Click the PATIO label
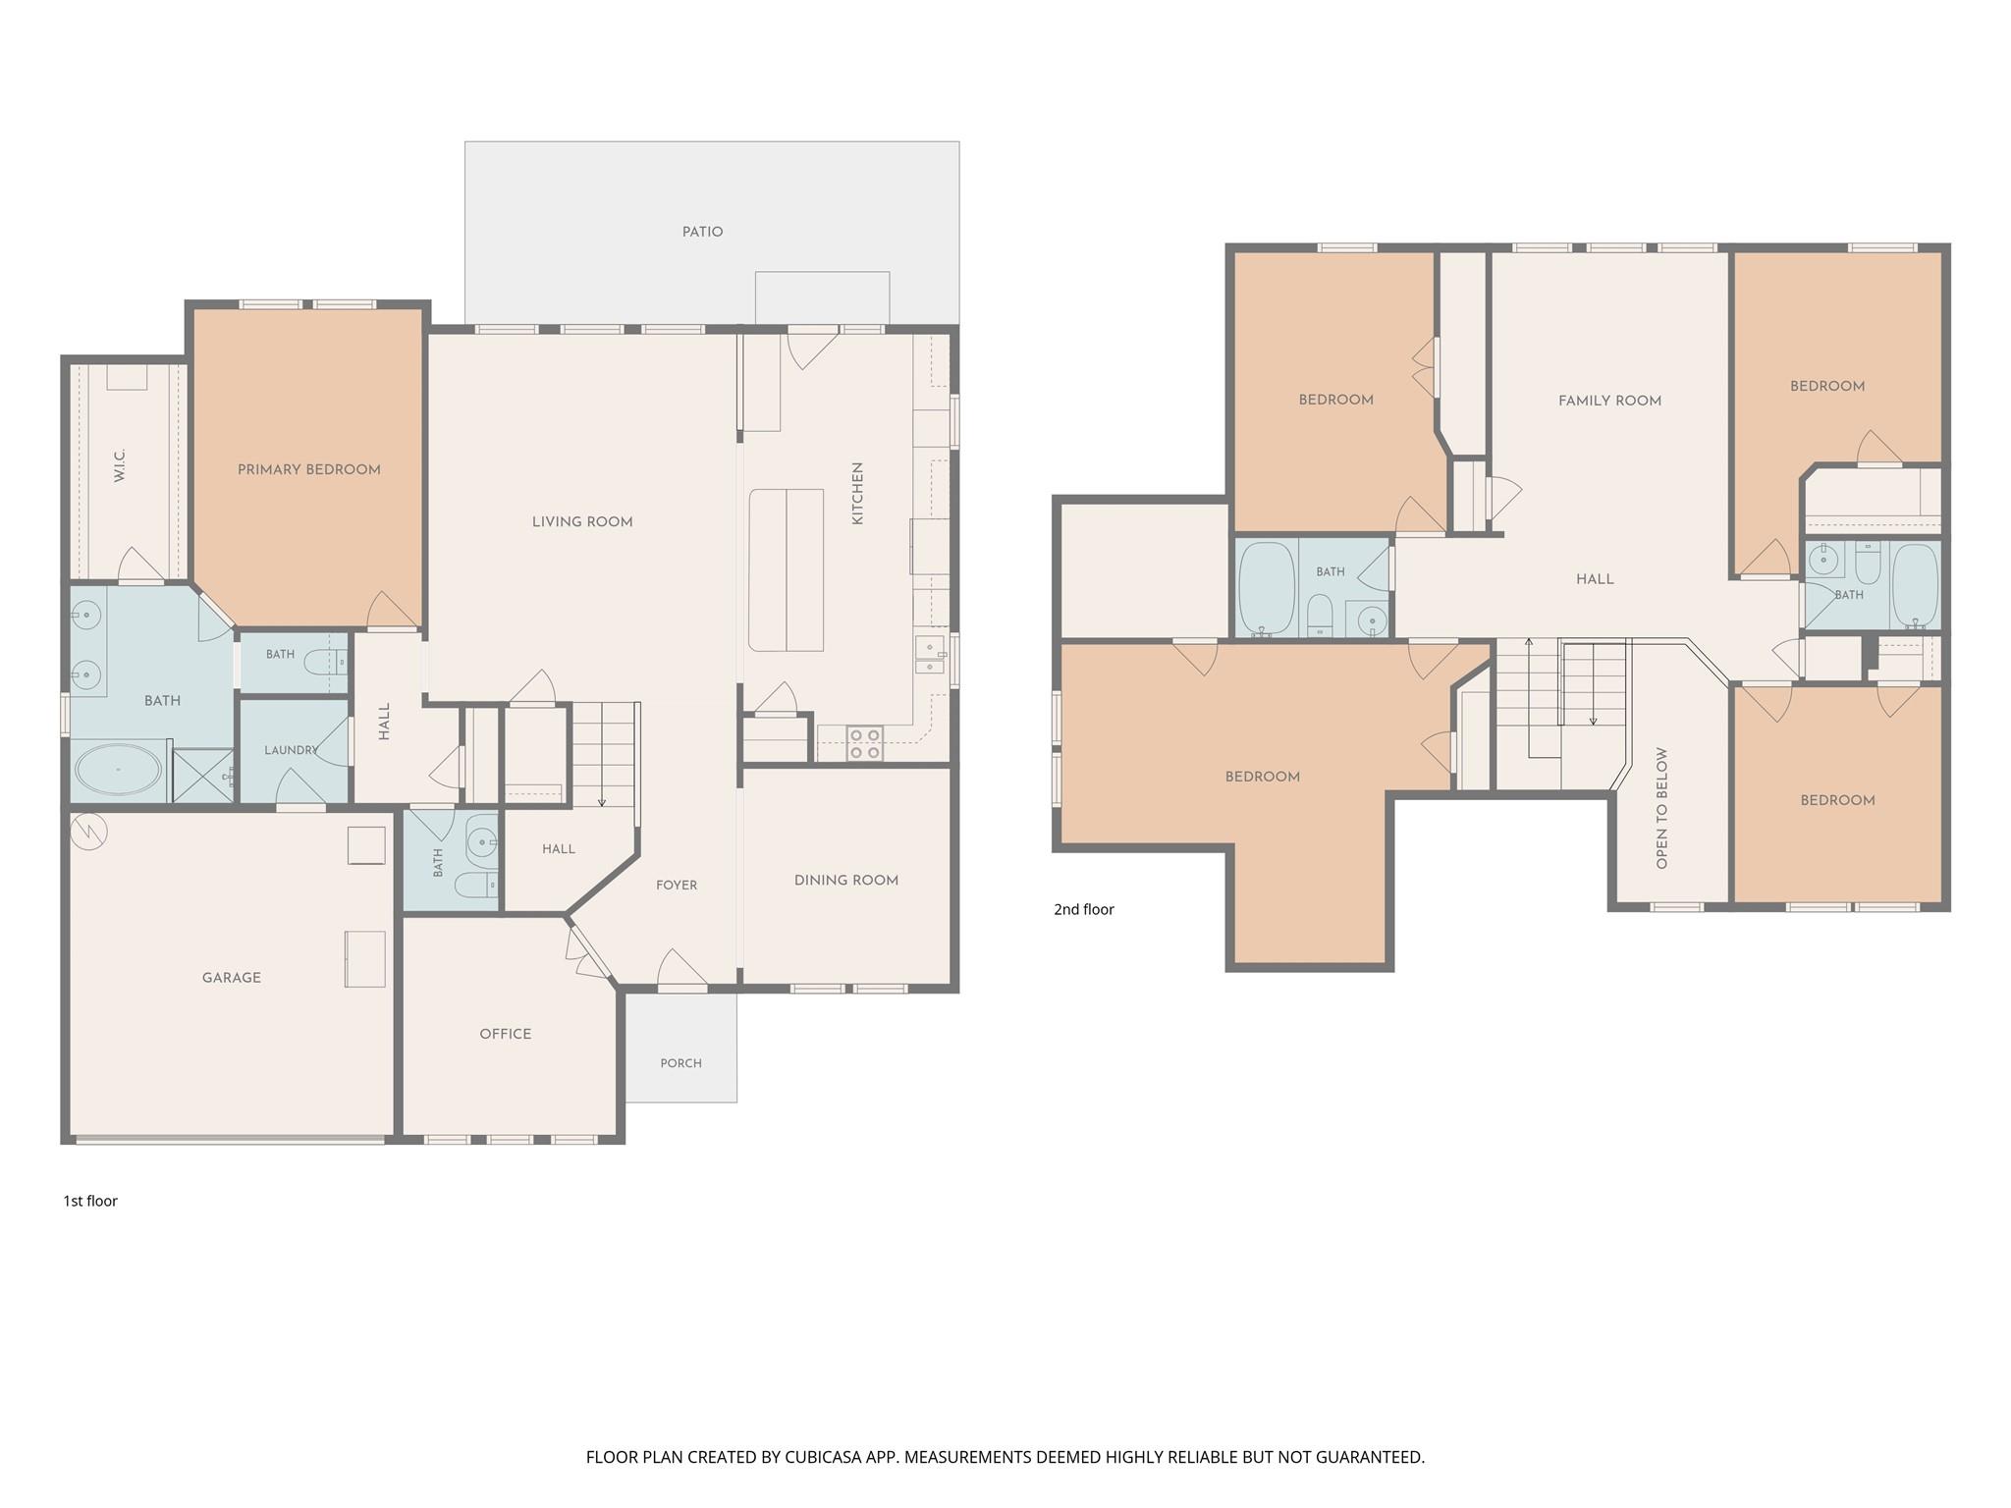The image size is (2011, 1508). pyautogui.click(x=702, y=232)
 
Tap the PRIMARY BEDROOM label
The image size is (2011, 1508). pyautogui.click(x=309, y=469)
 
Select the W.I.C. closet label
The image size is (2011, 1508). pyautogui.click(x=120, y=465)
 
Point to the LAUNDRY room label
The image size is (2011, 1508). pyautogui.click(x=292, y=750)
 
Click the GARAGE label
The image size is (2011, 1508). pyautogui.click(x=232, y=978)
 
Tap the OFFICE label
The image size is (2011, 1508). pyautogui.click(x=506, y=1034)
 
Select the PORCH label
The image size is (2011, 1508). pyautogui.click(x=681, y=1063)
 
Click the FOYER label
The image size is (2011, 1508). pyautogui.click(x=677, y=886)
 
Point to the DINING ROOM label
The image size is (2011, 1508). pyautogui.click(x=846, y=881)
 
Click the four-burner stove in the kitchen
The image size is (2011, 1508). pyautogui.click(x=865, y=743)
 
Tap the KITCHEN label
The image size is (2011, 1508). pyautogui.click(x=857, y=494)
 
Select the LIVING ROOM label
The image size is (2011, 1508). pyautogui.click(x=582, y=522)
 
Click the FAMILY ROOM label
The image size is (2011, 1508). pyautogui.click(x=1610, y=401)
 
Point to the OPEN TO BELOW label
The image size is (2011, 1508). pyautogui.click(x=1661, y=809)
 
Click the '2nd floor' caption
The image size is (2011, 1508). pyautogui.click(x=1084, y=910)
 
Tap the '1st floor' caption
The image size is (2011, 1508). pyautogui.click(x=90, y=1202)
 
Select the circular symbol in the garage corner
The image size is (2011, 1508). pyautogui.click(x=89, y=833)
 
